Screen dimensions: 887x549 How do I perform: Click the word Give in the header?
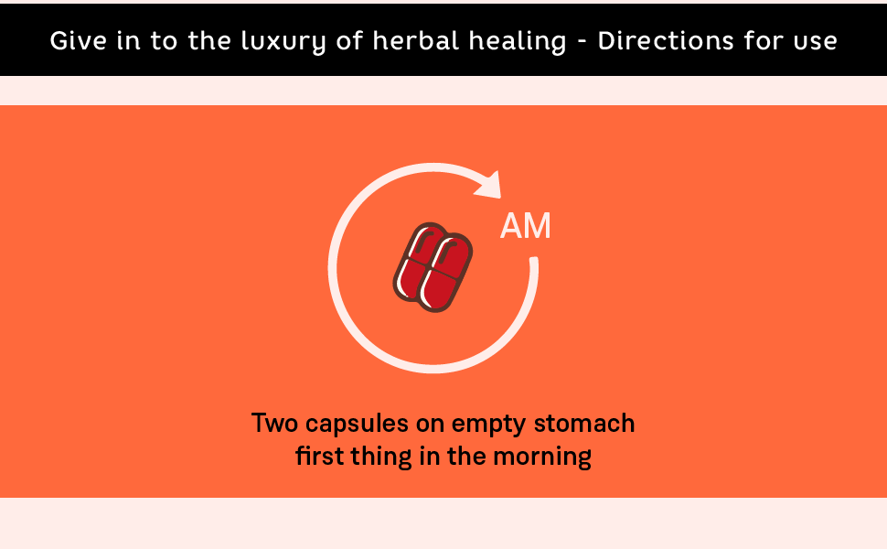click(78, 41)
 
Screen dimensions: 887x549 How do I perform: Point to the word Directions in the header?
click(666, 41)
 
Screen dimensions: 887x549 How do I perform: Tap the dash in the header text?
click(582, 42)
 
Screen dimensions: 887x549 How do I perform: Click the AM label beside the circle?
click(526, 226)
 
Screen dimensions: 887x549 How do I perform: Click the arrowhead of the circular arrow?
click(488, 185)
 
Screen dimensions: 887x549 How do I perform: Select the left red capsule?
click(416, 262)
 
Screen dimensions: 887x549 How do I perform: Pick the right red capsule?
click(445, 273)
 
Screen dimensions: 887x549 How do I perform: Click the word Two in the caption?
click(274, 424)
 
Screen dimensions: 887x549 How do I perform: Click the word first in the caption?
click(319, 456)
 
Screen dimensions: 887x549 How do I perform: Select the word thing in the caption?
click(381, 457)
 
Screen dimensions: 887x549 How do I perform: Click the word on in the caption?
click(430, 425)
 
